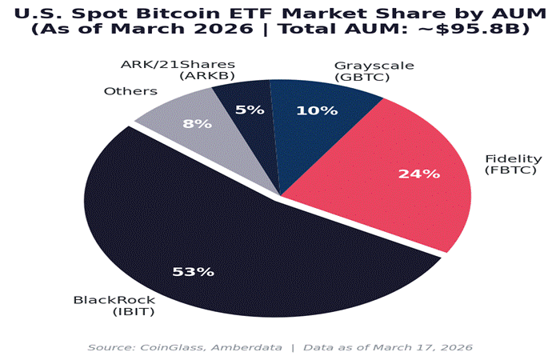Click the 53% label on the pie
[x=194, y=271]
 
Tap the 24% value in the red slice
[x=420, y=174]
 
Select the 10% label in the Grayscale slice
[x=317, y=110]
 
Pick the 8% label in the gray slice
[x=198, y=124]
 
